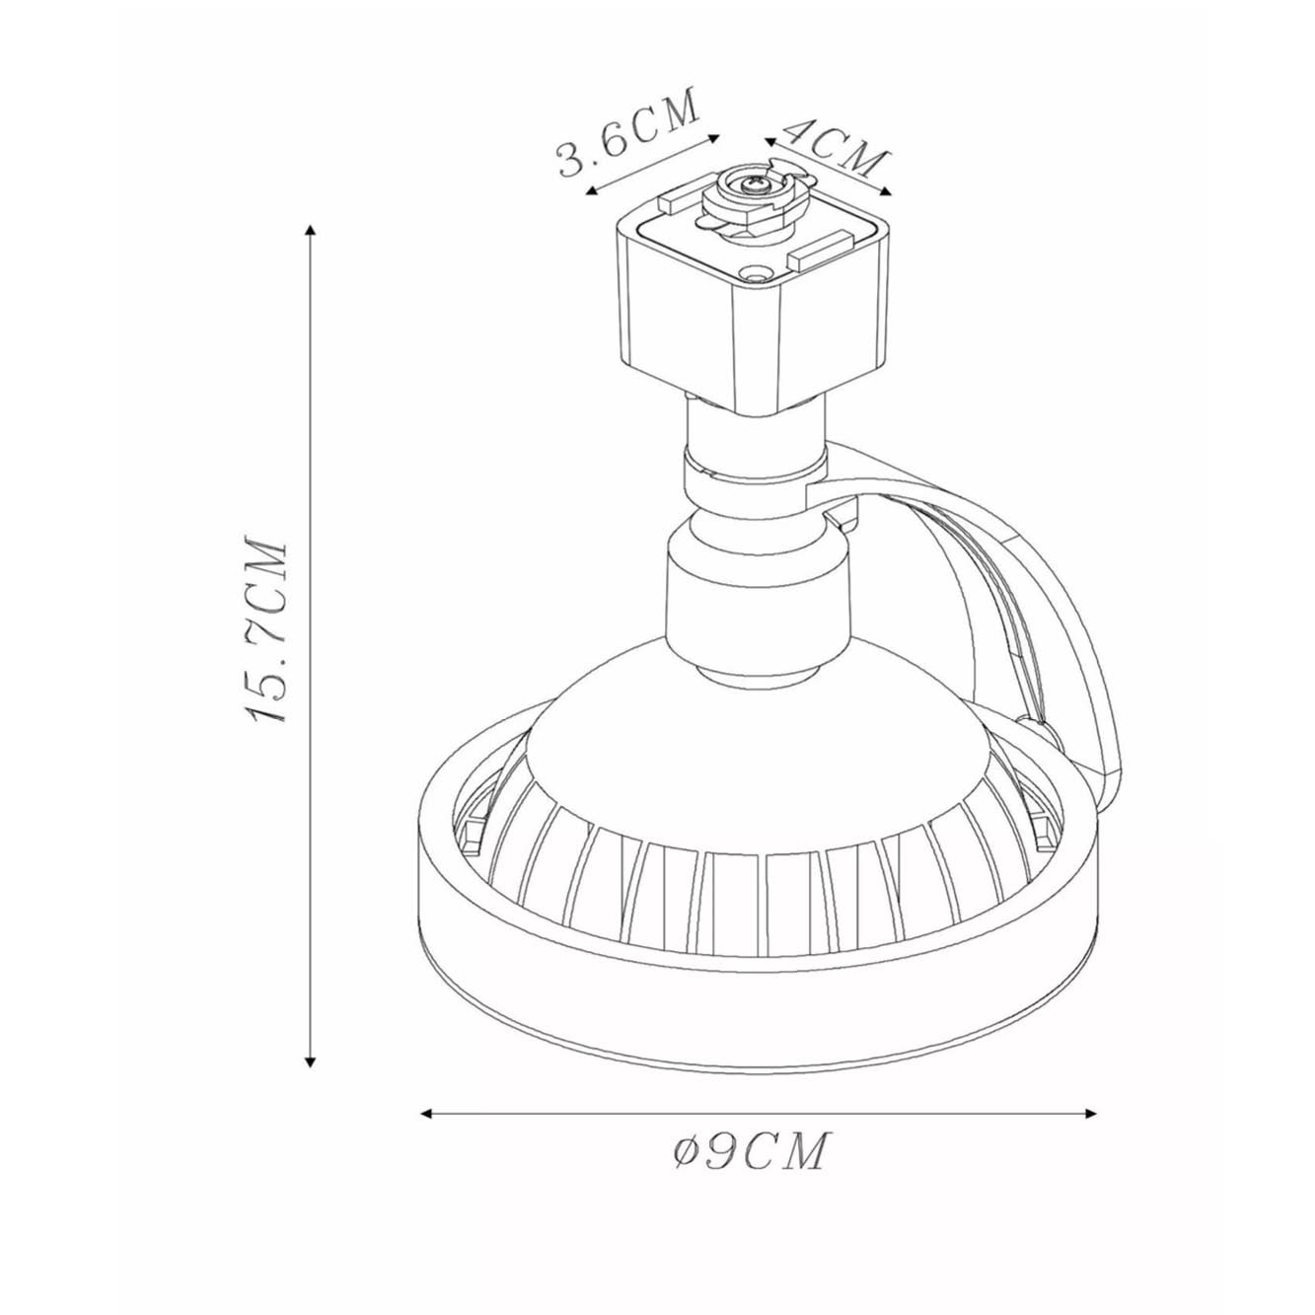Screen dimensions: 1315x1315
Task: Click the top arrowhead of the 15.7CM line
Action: (x=311, y=230)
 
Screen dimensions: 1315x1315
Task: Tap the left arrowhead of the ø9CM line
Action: (x=427, y=1094)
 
